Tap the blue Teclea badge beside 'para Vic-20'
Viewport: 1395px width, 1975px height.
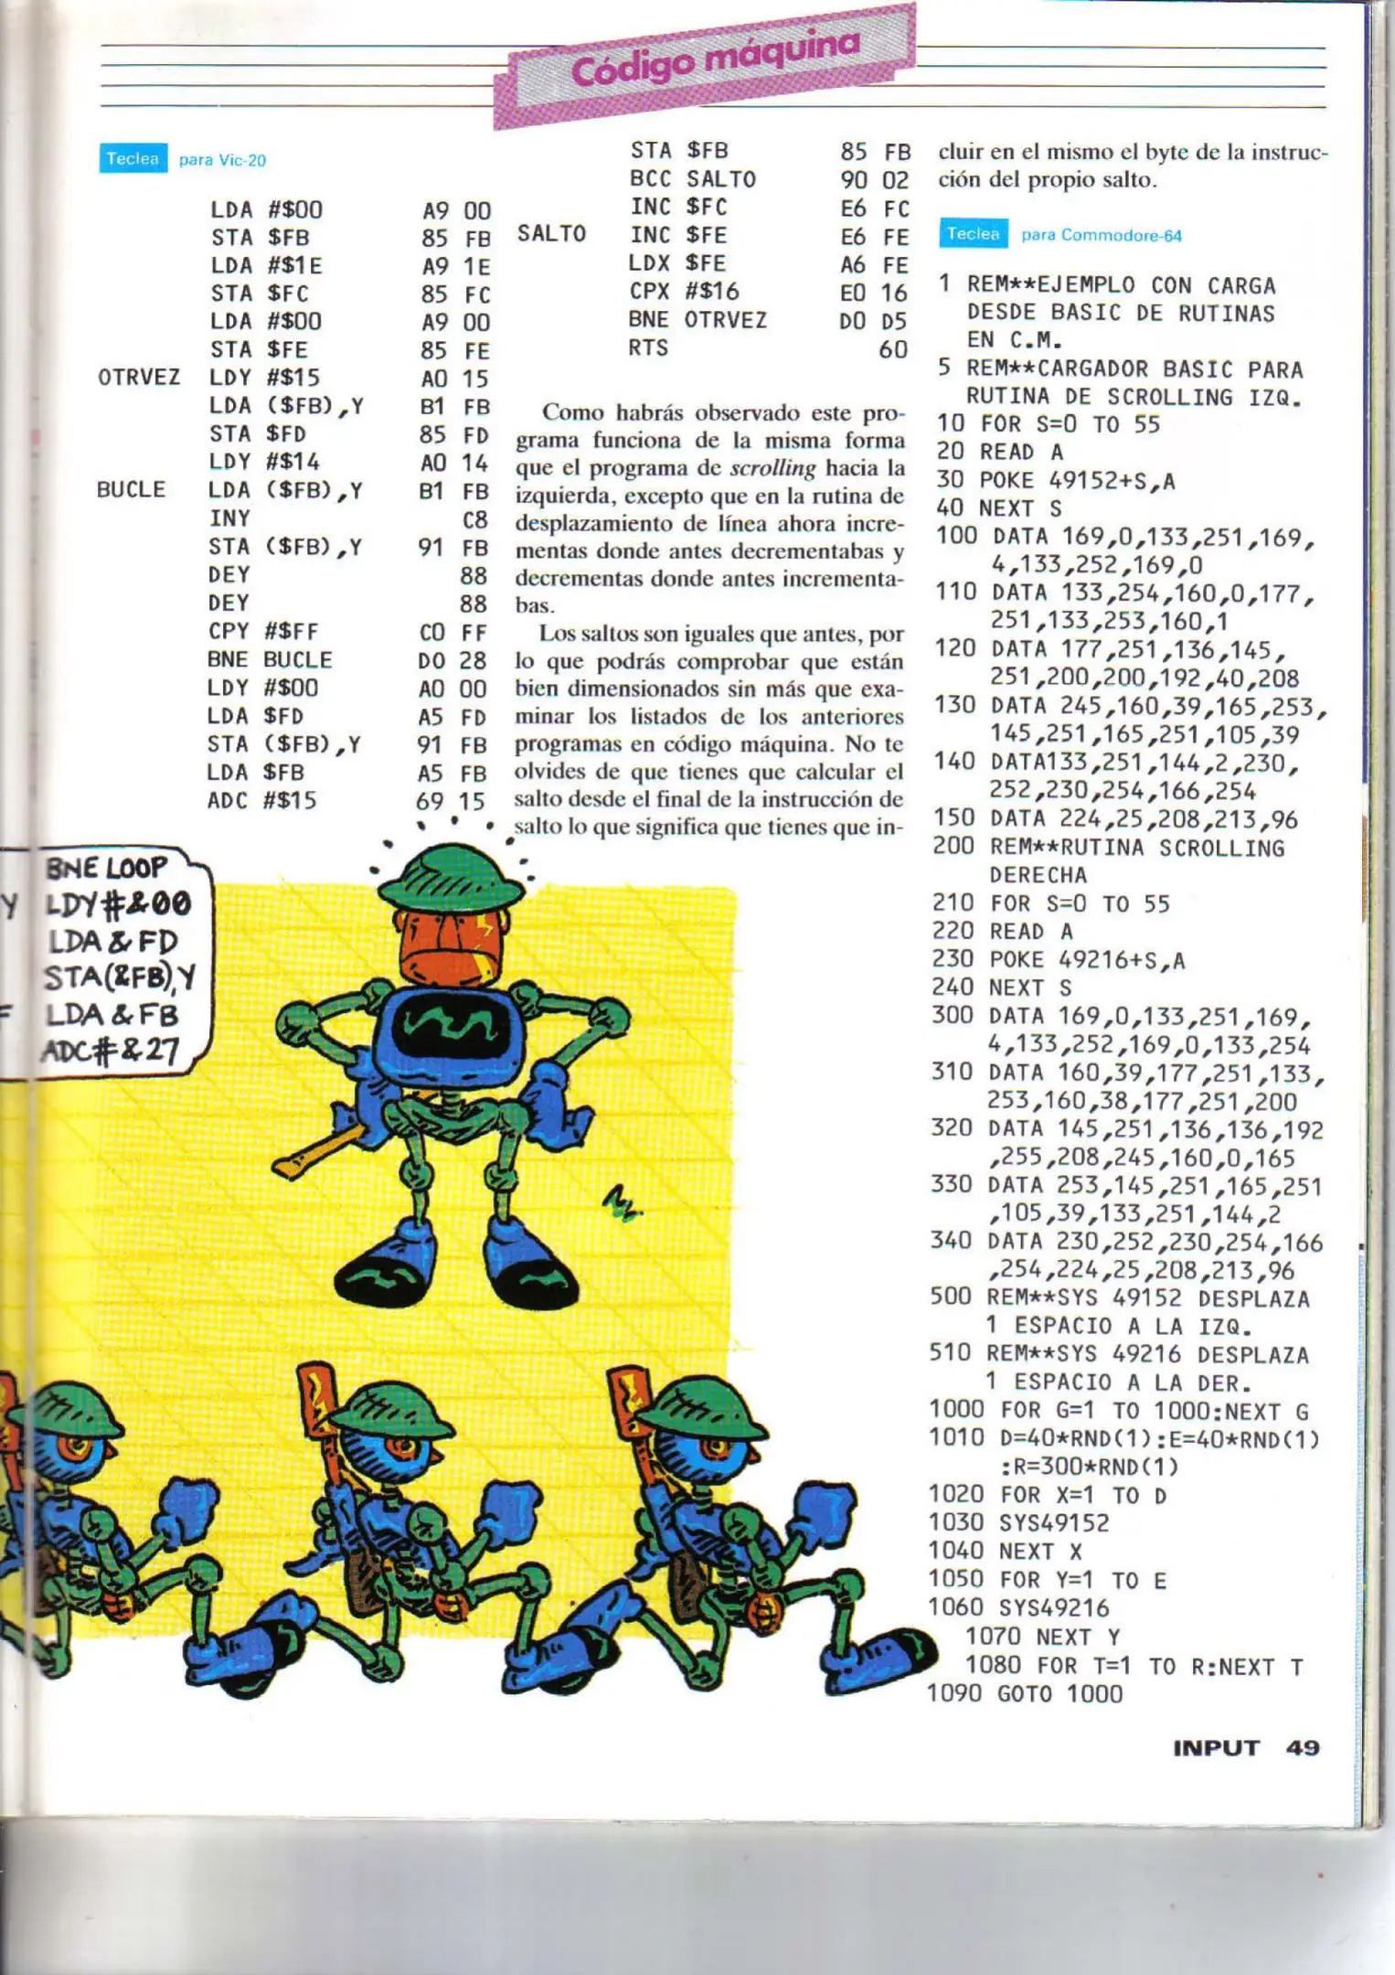[x=133, y=159]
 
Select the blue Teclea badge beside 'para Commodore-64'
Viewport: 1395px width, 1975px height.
[x=973, y=234]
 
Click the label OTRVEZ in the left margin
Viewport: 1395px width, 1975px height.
[x=139, y=378]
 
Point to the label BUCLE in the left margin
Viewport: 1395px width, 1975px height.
[x=131, y=490]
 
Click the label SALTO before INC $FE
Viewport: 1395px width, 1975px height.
[x=551, y=234]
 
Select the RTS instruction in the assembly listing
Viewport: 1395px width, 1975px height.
[x=648, y=348]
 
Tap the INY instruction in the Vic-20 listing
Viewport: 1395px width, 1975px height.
[x=229, y=518]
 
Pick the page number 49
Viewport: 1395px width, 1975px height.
[x=1303, y=1747]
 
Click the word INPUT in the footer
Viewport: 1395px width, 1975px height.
[x=1216, y=1747]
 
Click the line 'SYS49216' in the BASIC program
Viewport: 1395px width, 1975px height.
[x=1053, y=1607]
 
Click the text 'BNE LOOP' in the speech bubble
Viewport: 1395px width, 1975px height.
[x=107, y=868]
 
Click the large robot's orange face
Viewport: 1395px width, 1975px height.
[x=451, y=943]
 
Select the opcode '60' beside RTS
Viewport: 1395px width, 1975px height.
[x=892, y=349]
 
